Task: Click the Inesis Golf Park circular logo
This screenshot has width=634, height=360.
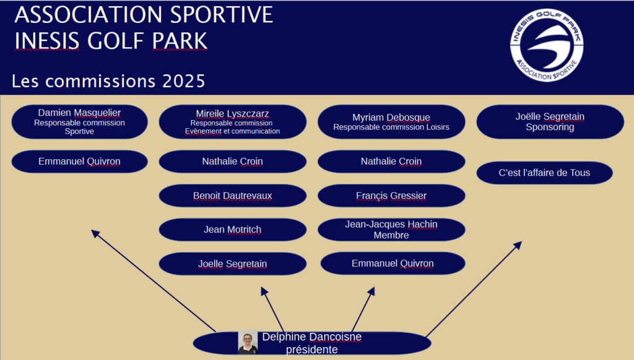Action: [x=547, y=45]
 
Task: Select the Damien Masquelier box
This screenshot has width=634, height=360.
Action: [x=80, y=121]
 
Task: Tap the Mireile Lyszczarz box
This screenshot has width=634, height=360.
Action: [x=233, y=121]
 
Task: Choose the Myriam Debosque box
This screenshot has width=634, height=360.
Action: [x=391, y=121]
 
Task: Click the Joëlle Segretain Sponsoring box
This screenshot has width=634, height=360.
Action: [x=550, y=121]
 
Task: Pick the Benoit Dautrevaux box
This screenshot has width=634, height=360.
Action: [x=233, y=196]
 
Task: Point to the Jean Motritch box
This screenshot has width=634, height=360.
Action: [x=233, y=230]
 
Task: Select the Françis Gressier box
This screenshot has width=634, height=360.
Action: [x=391, y=196]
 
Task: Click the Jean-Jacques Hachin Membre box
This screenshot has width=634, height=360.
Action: [x=391, y=230]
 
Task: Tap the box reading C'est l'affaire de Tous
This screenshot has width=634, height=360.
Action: [x=545, y=173]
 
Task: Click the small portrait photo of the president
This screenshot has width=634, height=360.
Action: [x=248, y=342]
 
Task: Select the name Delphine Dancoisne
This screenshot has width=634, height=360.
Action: [x=312, y=336]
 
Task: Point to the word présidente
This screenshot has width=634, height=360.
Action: [x=312, y=349]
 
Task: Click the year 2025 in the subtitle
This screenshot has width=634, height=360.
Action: [x=184, y=81]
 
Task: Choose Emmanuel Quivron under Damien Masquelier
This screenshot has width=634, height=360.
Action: [x=80, y=161]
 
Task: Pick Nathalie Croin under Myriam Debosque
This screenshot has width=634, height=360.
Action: [x=391, y=161]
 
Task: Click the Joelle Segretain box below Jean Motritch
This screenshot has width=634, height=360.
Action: [x=233, y=264]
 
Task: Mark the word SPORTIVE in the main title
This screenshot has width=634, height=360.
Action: [x=222, y=15]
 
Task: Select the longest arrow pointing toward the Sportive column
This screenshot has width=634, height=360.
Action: [x=154, y=281]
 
